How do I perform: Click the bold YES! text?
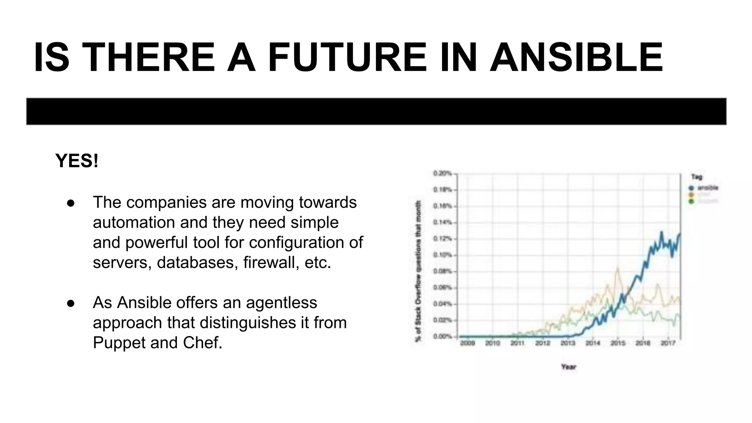click(77, 161)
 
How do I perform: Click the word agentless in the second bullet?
click(281, 303)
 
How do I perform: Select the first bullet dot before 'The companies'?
click(71, 203)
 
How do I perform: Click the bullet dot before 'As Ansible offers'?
click(71, 303)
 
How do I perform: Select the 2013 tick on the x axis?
click(567, 343)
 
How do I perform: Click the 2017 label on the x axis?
click(668, 343)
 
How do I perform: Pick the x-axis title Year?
click(568, 366)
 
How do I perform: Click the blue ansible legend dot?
click(691, 188)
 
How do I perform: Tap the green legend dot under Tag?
click(691, 201)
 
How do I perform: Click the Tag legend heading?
click(697, 177)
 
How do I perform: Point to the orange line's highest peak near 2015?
click(618, 269)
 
